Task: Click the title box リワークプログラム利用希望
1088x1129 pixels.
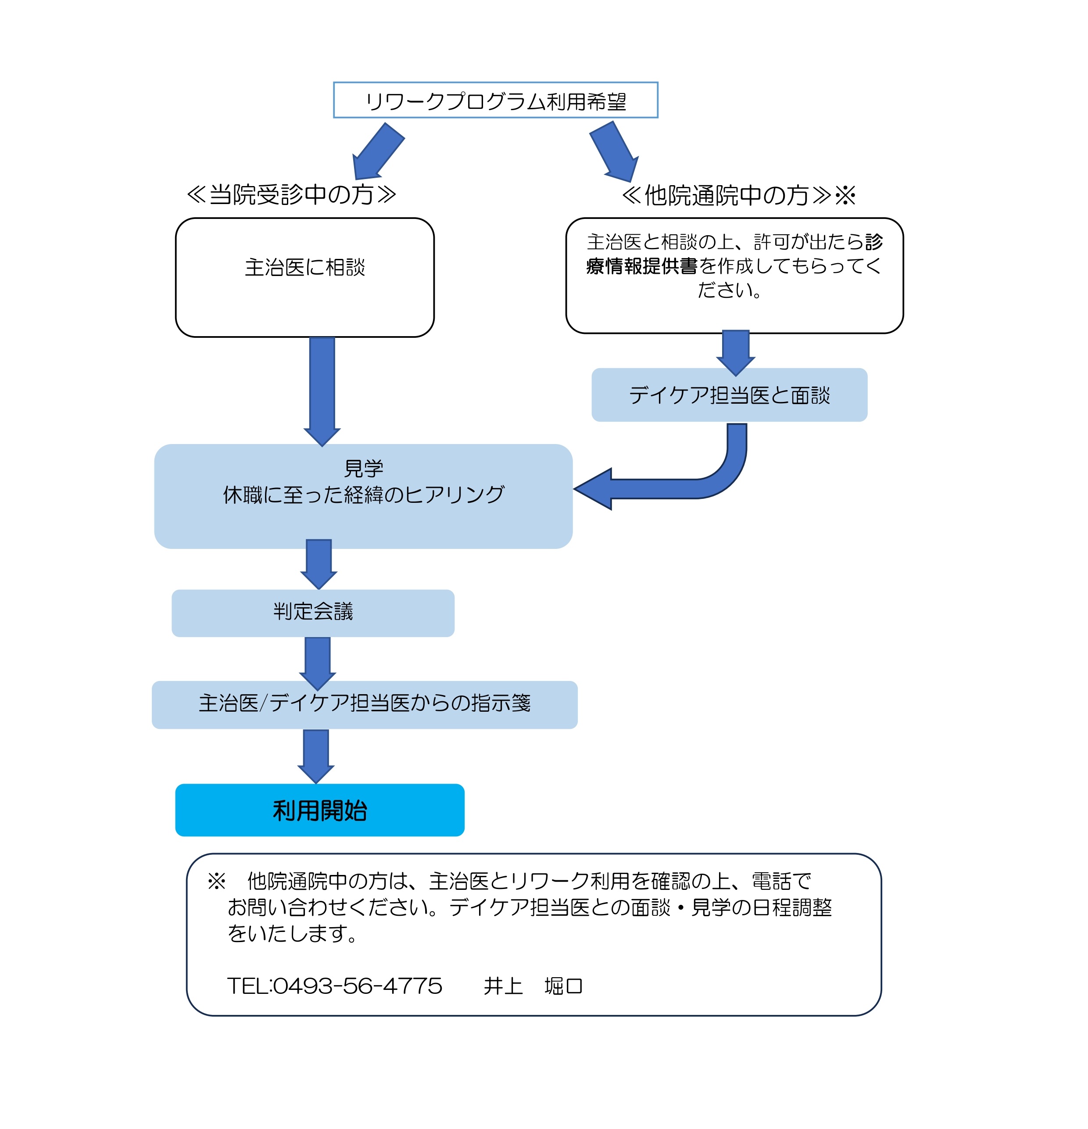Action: (495, 100)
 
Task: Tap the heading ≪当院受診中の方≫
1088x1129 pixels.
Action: (291, 195)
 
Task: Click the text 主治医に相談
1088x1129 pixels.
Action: (305, 267)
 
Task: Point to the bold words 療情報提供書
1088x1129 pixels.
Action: (642, 266)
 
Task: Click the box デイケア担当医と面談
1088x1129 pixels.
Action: (729, 395)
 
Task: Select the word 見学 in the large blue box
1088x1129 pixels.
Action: (363, 468)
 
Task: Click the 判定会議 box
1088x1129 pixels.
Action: (313, 612)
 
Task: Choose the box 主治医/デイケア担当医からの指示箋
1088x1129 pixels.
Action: (364, 703)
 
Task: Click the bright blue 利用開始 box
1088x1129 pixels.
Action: (320, 810)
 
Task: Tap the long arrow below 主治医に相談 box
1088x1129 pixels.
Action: (322, 389)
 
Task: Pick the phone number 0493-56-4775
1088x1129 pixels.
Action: (357, 986)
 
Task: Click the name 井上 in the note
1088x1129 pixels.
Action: (503, 986)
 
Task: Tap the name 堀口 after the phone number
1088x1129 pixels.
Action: (563, 986)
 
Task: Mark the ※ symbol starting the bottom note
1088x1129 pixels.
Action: (217, 881)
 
